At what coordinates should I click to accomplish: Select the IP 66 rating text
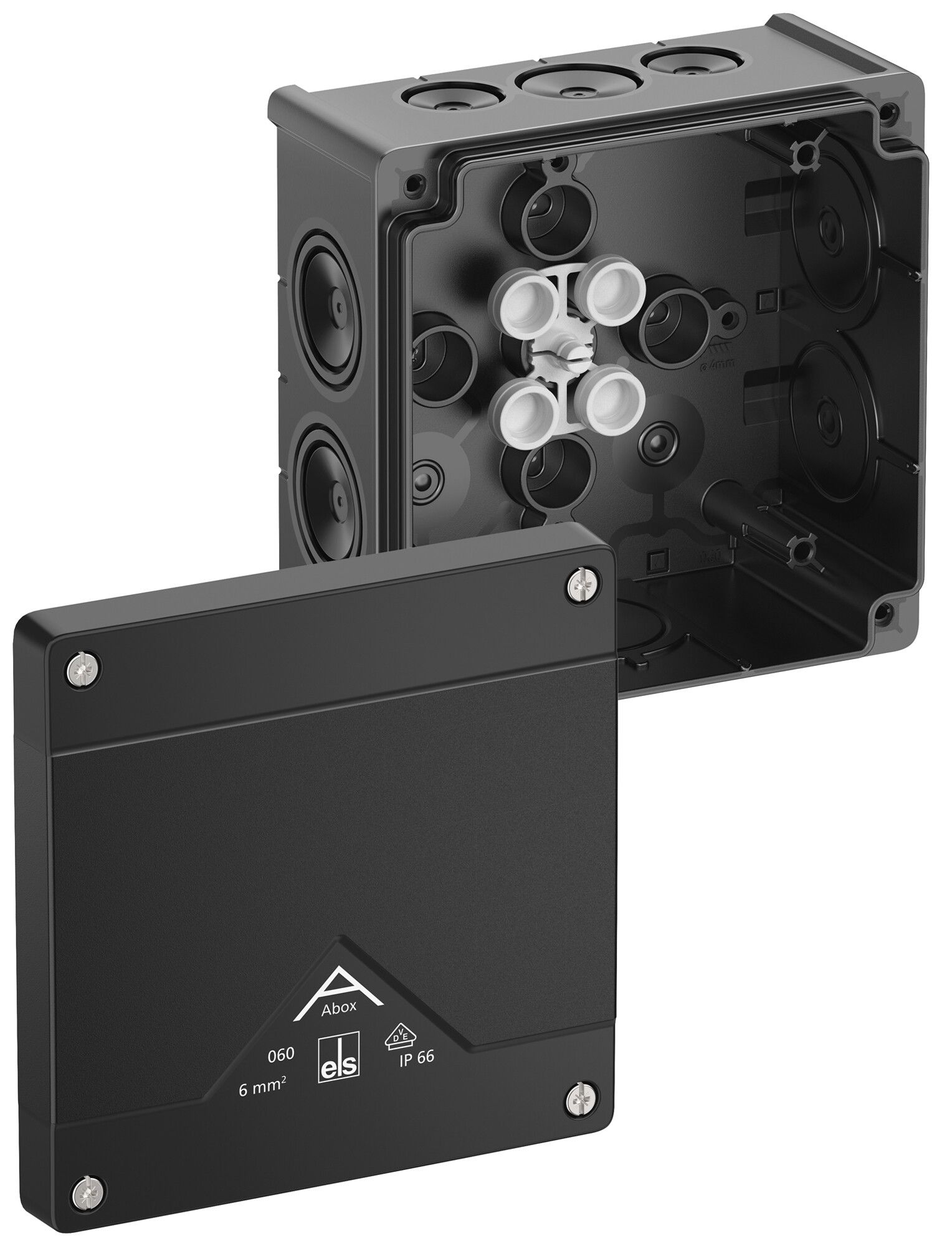pos(416,1056)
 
